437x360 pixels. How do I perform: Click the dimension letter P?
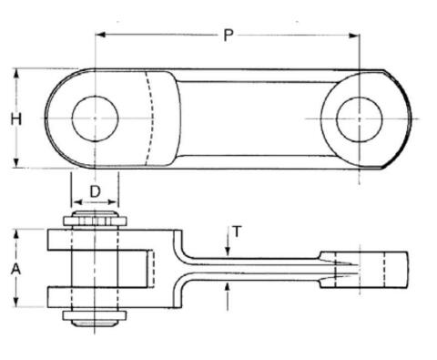pos(229,35)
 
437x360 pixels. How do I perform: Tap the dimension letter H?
pos(15,118)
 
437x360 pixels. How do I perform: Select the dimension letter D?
pos(95,192)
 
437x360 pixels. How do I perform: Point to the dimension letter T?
pos(237,231)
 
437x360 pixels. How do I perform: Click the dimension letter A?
pos(15,269)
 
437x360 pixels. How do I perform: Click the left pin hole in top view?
pos(95,118)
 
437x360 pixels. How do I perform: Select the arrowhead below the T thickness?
pos(228,285)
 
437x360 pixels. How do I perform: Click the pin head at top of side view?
pos(95,220)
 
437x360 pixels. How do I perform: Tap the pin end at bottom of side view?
pos(95,318)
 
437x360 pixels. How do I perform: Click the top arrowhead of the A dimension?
pos(15,234)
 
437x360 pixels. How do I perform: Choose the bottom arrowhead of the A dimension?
pos(15,304)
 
